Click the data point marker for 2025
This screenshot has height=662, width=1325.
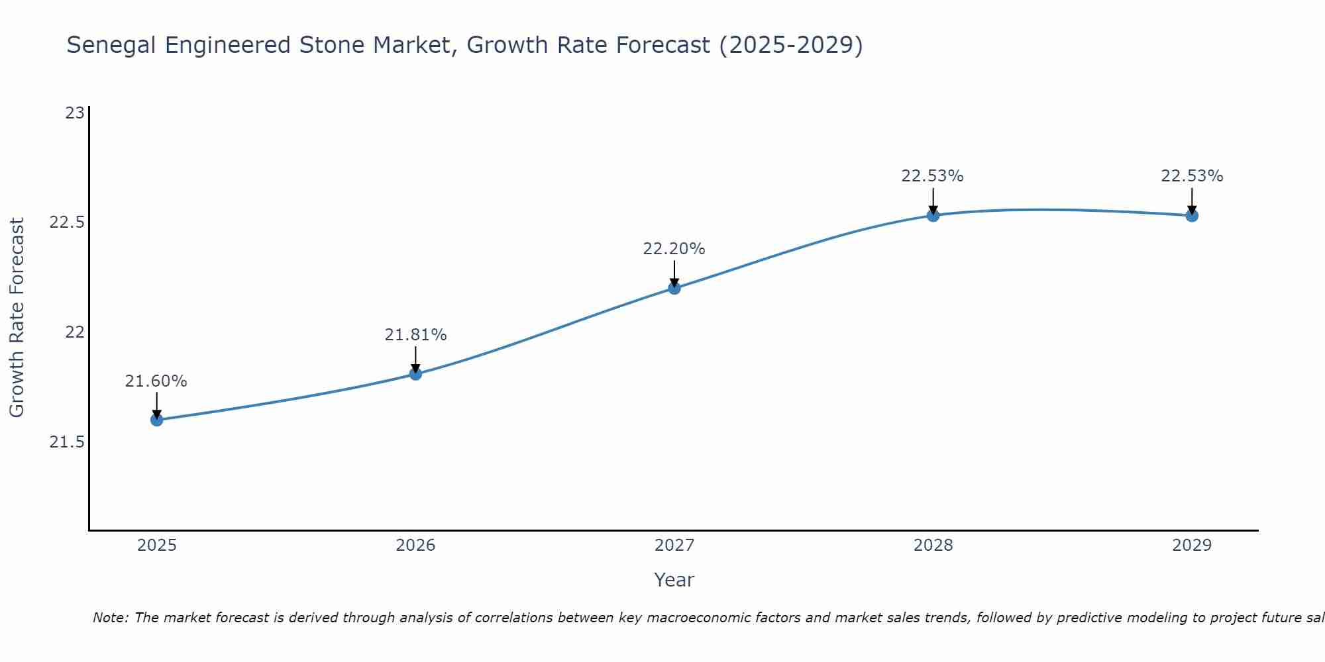click(x=157, y=420)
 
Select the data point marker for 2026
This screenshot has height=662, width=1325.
click(x=415, y=374)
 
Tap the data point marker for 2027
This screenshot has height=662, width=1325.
click(x=674, y=288)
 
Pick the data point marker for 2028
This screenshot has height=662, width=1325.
click(x=933, y=215)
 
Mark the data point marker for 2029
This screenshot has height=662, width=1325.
click(x=1192, y=215)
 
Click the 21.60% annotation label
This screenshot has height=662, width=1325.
click(x=156, y=381)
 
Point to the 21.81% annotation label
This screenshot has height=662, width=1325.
click(x=415, y=335)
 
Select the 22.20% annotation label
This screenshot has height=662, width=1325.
click(x=674, y=249)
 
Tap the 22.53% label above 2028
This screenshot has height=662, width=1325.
click(x=932, y=176)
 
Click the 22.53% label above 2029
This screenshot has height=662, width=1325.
click(x=1192, y=176)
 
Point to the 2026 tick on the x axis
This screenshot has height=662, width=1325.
click(x=415, y=545)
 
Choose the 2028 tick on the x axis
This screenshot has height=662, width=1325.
click(x=933, y=545)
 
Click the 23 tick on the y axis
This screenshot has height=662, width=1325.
click(x=75, y=113)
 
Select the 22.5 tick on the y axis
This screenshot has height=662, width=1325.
click(x=68, y=222)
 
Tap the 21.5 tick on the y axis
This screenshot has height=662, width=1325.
click(x=68, y=442)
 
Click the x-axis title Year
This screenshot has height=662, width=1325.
click(x=674, y=580)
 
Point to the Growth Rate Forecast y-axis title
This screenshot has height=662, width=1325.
click(x=17, y=318)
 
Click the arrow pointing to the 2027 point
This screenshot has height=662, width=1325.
click(x=674, y=273)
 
